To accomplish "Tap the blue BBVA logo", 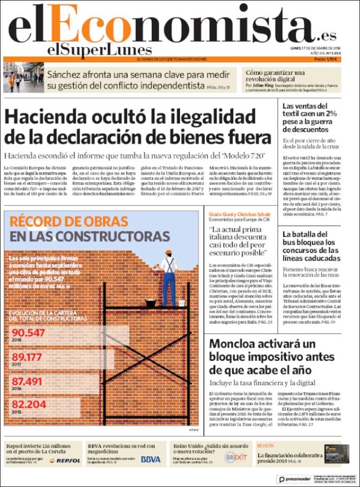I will point(151,459).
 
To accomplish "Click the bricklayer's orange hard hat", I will point(168,252).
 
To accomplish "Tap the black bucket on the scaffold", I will point(151,303).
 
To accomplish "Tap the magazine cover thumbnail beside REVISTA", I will point(336,453).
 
